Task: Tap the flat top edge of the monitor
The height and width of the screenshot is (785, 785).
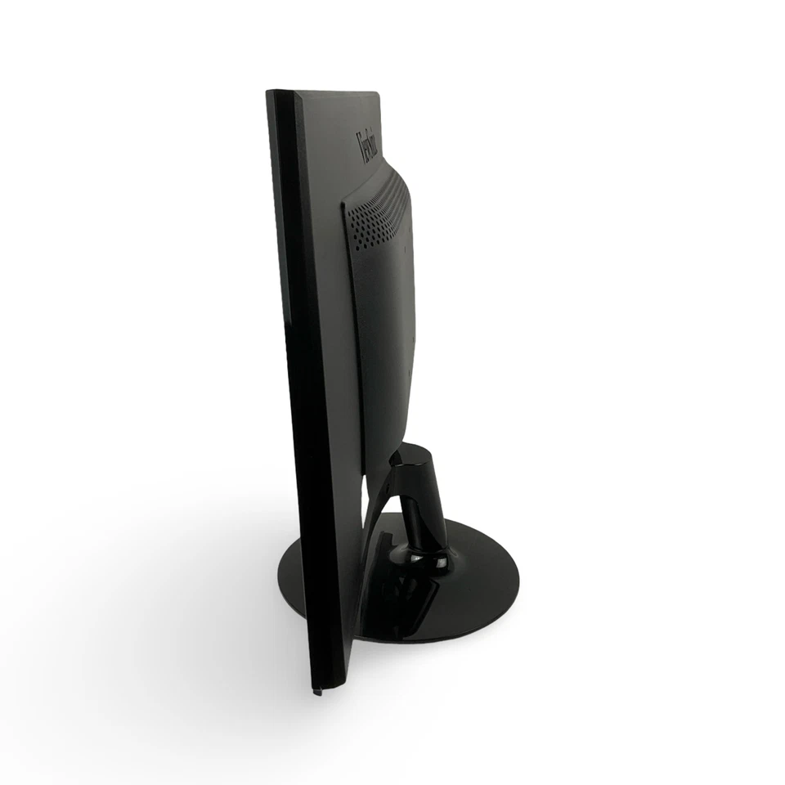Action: [327, 92]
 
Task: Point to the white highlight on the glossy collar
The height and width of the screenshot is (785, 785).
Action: [417, 558]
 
